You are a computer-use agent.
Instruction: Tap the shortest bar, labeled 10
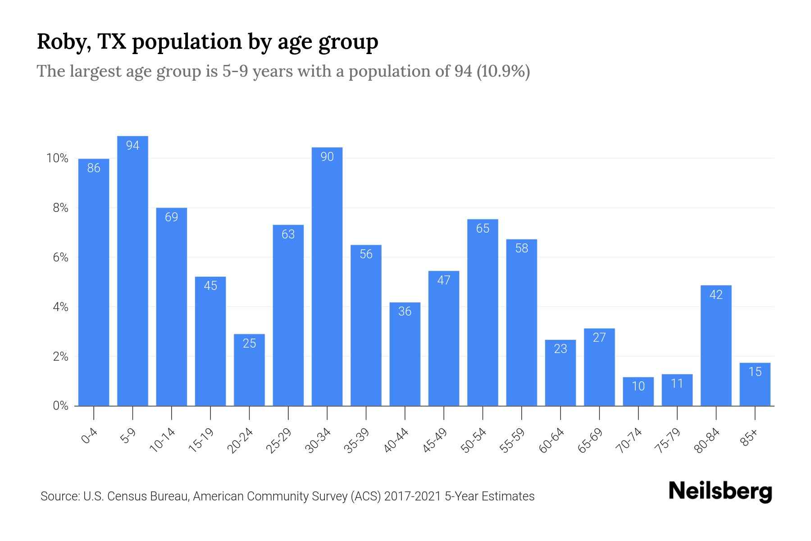click(x=638, y=392)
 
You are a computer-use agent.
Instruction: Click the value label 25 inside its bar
click(x=249, y=344)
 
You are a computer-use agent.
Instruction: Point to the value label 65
click(x=483, y=229)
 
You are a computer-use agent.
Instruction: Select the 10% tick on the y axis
click(x=57, y=158)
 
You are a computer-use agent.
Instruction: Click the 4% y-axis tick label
click(x=60, y=307)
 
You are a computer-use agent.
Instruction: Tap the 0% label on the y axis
click(x=60, y=406)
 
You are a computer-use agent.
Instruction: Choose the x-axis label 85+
click(x=749, y=438)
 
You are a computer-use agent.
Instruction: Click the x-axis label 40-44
click(x=396, y=440)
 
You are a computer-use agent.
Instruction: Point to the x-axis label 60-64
click(x=551, y=440)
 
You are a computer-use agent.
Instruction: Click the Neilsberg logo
click(x=720, y=491)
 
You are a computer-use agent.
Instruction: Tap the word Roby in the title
click(x=60, y=41)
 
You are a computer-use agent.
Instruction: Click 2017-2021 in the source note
click(x=412, y=496)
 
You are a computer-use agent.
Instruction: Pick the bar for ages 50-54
click(x=483, y=316)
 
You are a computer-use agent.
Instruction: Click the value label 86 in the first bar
click(x=94, y=168)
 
